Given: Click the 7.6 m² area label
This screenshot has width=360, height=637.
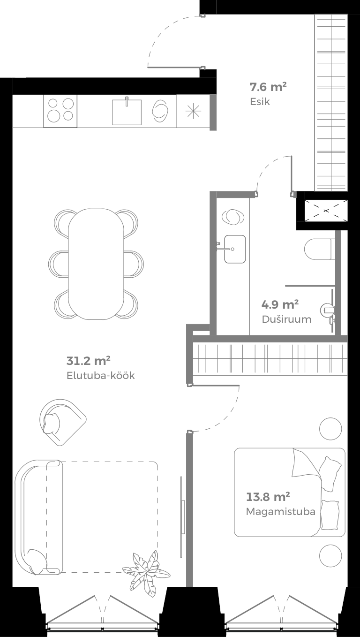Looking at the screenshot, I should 268,87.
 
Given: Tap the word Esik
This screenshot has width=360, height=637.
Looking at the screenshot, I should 260,101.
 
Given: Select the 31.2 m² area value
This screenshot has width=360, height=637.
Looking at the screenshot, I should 88,361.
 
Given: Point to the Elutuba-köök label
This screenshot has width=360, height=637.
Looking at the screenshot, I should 101,376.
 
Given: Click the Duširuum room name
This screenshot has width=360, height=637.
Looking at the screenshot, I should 286,319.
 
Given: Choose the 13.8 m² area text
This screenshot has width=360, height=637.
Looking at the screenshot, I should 268,497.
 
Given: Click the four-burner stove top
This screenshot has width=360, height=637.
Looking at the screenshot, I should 61,111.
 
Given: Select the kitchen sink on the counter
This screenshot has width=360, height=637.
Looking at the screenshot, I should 127,111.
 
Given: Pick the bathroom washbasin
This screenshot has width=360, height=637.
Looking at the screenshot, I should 234,249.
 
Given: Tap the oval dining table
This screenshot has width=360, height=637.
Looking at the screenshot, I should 96,264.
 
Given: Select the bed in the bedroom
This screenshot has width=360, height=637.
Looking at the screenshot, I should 289,492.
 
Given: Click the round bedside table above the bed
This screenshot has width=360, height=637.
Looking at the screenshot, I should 330,429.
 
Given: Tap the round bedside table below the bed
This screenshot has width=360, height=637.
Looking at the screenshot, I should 330,556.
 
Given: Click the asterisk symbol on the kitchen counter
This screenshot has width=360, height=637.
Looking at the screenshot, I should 193,111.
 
